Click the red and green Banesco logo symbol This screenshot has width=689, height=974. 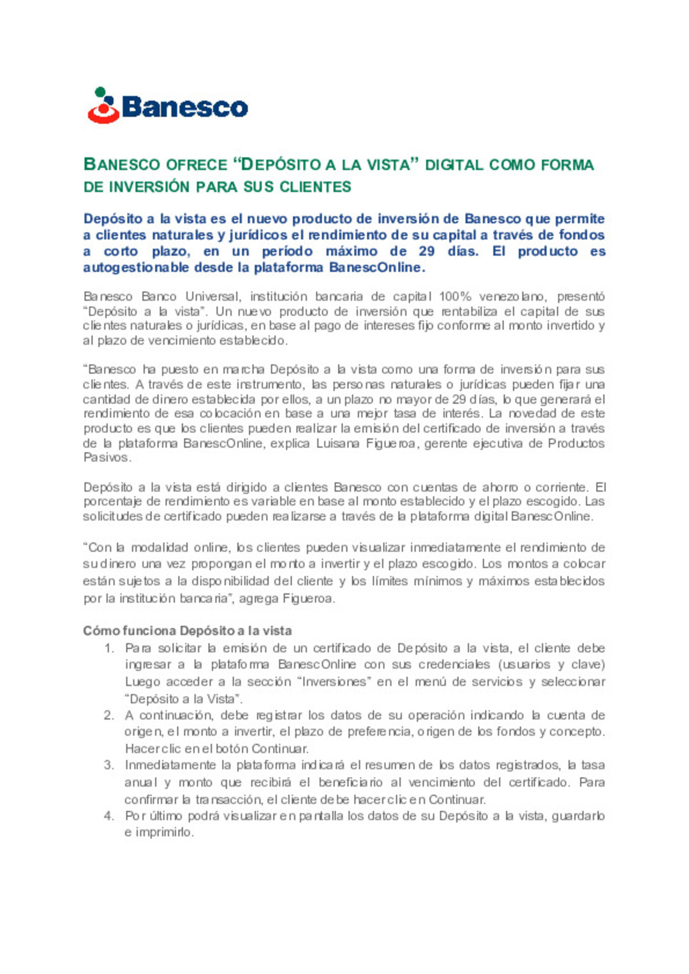click(103, 106)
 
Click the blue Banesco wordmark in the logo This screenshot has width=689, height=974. click(184, 107)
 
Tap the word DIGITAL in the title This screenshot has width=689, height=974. click(454, 165)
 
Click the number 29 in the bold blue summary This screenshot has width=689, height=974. click(427, 251)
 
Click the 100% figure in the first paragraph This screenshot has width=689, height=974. click(455, 296)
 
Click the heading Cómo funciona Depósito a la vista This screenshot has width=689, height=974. click(188, 631)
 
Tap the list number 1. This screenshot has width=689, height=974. click(109, 648)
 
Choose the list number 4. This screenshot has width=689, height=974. click(109, 816)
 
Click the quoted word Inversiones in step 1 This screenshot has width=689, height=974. click(334, 681)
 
